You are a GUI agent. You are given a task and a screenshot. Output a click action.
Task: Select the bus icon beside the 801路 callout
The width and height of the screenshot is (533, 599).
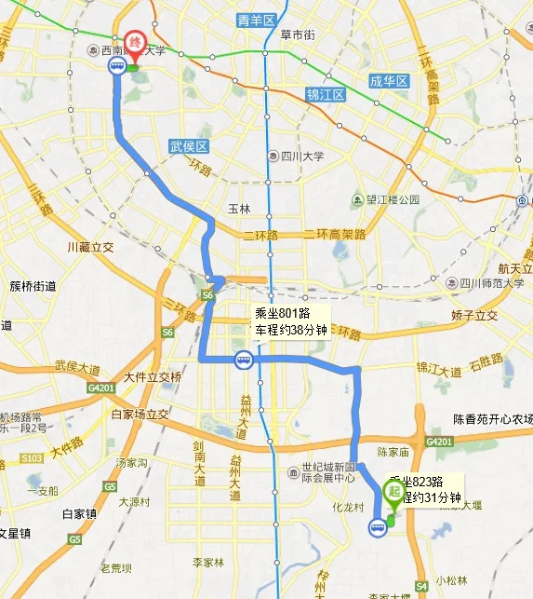pyautogui.click(x=243, y=359)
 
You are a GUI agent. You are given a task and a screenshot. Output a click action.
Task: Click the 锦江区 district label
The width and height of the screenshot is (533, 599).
pyautogui.click(x=326, y=95)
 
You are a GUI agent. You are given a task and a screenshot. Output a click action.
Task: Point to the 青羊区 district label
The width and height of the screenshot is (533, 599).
pyautogui.click(x=257, y=20)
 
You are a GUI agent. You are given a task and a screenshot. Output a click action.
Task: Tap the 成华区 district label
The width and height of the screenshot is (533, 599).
pyautogui.click(x=390, y=82)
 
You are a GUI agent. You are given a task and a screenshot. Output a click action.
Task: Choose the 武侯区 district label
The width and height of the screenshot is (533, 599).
pyautogui.click(x=188, y=146)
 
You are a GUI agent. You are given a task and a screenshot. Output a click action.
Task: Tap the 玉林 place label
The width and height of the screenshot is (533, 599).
pyautogui.click(x=239, y=209)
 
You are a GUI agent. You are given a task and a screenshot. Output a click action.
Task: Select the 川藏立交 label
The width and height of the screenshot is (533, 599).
pyautogui.click(x=90, y=247)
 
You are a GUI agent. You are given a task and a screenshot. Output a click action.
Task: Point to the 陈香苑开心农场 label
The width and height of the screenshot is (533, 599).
pyautogui.click(x=493, y=417)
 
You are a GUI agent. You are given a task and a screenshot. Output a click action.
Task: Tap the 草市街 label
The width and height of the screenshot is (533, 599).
pyautogui.click(x=298, y=35)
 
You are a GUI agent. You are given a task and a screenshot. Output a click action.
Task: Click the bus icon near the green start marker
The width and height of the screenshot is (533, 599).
pyautogui.click(x=377, y=528)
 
